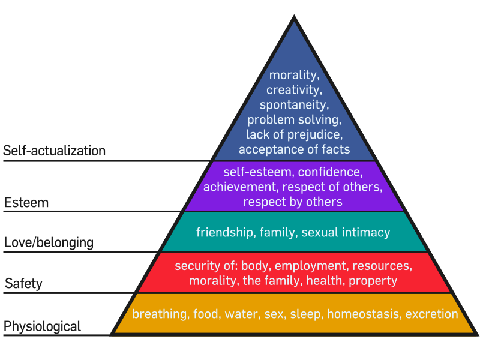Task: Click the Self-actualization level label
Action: click(55, 151)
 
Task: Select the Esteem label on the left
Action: click(26, 203)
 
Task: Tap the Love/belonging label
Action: click(49, 243)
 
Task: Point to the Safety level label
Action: click(23, 283)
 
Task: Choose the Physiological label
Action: click(42, 327)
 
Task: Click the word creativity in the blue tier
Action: click(293, 91)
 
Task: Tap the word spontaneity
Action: click(294, 105)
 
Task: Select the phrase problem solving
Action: click(294, 119)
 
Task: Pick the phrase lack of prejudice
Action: click(294, 134)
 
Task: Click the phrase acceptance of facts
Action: click(294, 148)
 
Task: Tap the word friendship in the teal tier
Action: click(224, 232)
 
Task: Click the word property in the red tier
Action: click(373, 280)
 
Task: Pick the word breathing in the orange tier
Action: click(158, 314)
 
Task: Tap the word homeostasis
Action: click(363, 314)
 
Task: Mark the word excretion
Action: click(431, 314)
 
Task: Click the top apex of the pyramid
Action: click(294, 18)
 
